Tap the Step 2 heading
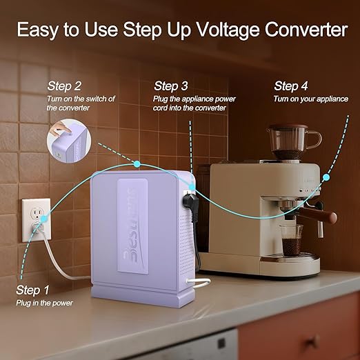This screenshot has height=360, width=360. click(x=64, y=86)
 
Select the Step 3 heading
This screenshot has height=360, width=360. click(x=171, y=86)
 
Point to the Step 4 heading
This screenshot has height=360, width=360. click(x=291, y=86)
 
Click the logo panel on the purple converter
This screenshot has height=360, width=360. click(x=137, y=224)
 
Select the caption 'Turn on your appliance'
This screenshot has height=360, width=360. click(x=310, y=99)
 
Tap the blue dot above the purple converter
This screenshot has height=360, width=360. click(x=137, y=163)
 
